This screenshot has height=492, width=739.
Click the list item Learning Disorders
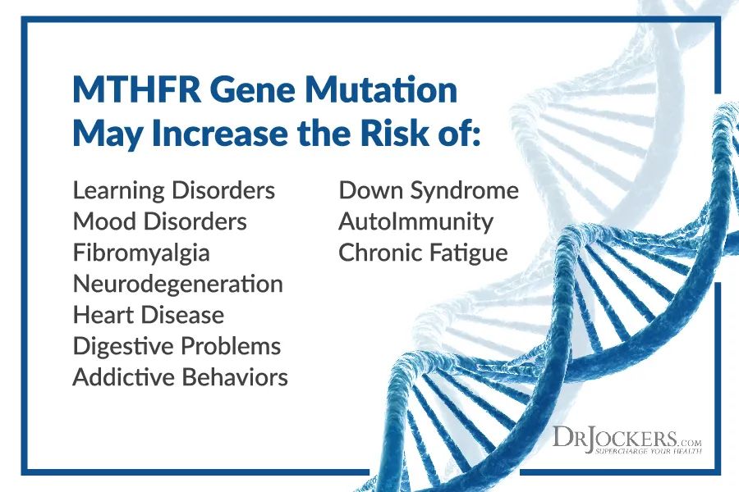tap(174, 191)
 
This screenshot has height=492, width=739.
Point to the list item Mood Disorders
tap(160, 221)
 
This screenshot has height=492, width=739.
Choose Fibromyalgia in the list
tap(141, 253)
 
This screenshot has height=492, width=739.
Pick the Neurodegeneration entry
tap(178, 284)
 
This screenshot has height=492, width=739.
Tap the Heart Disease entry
tap(149, 315)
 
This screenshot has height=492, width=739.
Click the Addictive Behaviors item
tap(181, 377)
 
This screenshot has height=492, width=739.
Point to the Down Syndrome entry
tap(429, 191)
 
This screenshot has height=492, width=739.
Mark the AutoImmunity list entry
tap(415, 221)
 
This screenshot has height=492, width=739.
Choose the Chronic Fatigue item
tap(423, 253)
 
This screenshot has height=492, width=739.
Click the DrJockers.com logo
tap(627, 440)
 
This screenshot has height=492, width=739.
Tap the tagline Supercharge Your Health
tap(648, 451)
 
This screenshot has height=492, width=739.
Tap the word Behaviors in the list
tap(235, 377)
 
